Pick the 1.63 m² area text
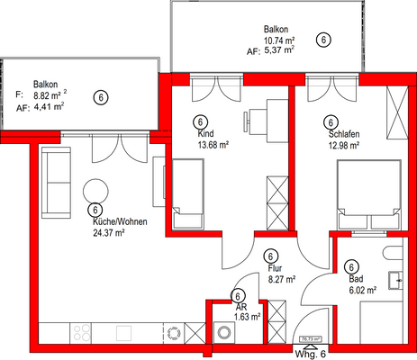coord(246,316)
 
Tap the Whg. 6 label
coord(311,353)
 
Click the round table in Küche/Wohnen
coord(95,190)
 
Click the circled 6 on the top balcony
coord(324,40)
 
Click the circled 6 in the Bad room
coord(351,265)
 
